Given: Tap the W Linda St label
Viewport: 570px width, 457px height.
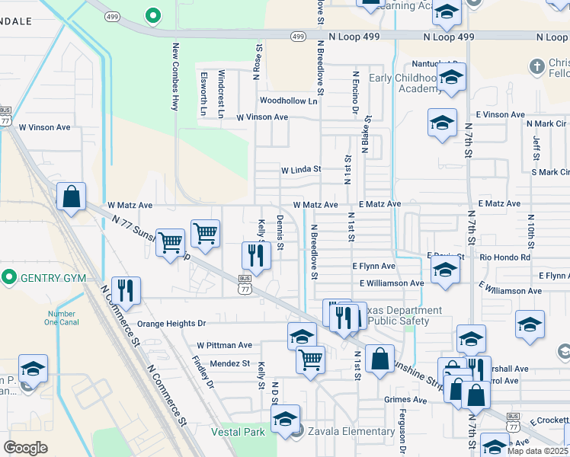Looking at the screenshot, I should [x=301, y=170].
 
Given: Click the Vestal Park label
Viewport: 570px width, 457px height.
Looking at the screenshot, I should [x=239, y=432].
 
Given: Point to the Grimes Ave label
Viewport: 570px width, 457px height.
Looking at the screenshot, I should [x=405, y=400].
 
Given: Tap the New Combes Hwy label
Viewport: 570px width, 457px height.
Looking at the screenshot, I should [x=175, y=77].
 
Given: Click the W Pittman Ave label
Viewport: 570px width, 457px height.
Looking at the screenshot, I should [x=224, y=345].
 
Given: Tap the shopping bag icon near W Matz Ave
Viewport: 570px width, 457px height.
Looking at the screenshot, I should [x=71, y=197].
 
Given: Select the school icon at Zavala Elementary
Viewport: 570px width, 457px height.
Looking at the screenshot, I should [x=286, y=420].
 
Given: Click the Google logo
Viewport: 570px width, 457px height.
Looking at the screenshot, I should [x=25, y=448].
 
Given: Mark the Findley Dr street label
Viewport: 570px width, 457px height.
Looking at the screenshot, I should [x=203, y=372].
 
